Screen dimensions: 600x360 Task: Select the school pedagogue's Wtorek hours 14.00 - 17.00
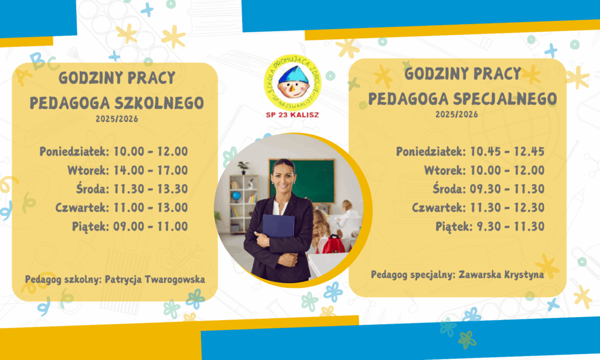(151, 170)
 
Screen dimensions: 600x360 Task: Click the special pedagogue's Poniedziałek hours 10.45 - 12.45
(507, 151)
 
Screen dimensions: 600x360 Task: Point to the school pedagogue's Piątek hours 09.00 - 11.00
(151, 226)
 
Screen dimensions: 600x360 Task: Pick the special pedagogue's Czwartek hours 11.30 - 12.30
(507, 208)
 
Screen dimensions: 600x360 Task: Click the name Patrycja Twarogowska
(155, 279)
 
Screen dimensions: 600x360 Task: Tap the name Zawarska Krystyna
(502, 274)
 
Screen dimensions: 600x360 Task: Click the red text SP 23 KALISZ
(292, 114)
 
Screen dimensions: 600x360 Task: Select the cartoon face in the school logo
(293, 82)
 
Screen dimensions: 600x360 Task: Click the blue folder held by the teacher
(278, 226)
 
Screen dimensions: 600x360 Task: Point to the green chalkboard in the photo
(302, 181)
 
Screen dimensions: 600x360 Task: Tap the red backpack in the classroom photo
(333, 244)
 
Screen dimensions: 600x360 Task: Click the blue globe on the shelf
(237, 196)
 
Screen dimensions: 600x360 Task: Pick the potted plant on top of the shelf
(243, 167)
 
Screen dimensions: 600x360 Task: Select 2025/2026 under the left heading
(117, 118)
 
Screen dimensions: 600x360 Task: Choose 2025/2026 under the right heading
(456, 114)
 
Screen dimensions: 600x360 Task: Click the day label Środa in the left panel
(93, 188)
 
